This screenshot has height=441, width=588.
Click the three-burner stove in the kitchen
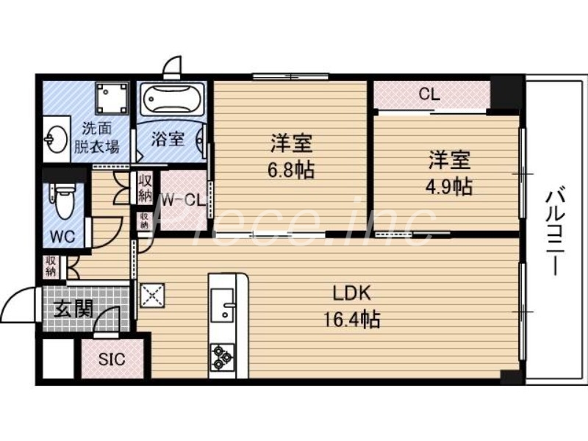[221, 357]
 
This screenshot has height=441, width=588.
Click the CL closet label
[430, 93]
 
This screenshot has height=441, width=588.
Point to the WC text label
[62, 238]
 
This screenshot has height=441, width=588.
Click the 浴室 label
[168, 138]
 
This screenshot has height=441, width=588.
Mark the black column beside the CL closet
[505, 92]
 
